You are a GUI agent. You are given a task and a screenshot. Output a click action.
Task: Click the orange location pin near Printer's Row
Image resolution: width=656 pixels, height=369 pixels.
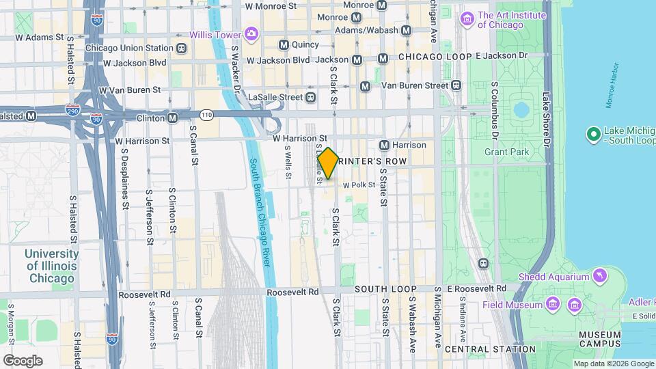328,163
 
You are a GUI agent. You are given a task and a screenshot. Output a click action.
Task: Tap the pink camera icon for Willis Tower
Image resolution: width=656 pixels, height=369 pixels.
251,33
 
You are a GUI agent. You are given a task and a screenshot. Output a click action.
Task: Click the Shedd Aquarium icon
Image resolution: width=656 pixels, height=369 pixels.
599,275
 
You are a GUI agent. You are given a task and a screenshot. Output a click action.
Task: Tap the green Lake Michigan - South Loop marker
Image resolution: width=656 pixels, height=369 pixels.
593,133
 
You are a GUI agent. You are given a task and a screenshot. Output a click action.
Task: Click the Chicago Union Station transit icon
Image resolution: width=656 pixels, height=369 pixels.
181,49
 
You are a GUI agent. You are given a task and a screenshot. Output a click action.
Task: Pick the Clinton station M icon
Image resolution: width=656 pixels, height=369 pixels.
173,118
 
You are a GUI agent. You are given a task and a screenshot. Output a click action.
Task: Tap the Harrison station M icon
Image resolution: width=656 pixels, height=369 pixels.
385,145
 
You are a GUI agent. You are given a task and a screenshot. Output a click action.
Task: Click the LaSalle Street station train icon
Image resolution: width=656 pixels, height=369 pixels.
311,97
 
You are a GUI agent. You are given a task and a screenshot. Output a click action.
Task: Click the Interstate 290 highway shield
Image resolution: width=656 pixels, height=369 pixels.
73,109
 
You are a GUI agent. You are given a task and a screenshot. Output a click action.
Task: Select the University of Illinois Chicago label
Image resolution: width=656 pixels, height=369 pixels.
51,266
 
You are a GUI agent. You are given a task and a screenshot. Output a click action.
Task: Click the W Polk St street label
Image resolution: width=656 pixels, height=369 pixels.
359,185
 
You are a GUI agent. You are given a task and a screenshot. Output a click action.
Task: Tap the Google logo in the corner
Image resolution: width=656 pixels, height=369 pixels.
23,360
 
